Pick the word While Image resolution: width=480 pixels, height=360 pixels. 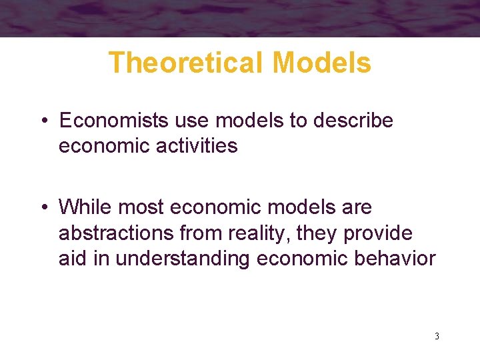(x=86, y=207)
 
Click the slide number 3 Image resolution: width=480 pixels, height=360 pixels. (x=437, y=336)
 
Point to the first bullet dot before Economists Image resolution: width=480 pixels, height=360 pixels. (x=42, y=121)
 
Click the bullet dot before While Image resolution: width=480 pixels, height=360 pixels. (x=42, y=208)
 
